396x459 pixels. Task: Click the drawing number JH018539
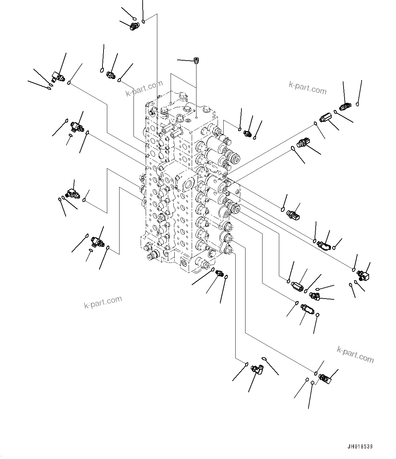tap(363, 447)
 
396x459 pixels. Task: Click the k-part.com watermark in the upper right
tap(307, 88)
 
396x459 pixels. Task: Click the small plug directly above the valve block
tap(196, 61)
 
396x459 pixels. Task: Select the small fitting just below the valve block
tap(220, 273)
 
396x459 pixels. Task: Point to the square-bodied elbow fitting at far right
tap(363, 276)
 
